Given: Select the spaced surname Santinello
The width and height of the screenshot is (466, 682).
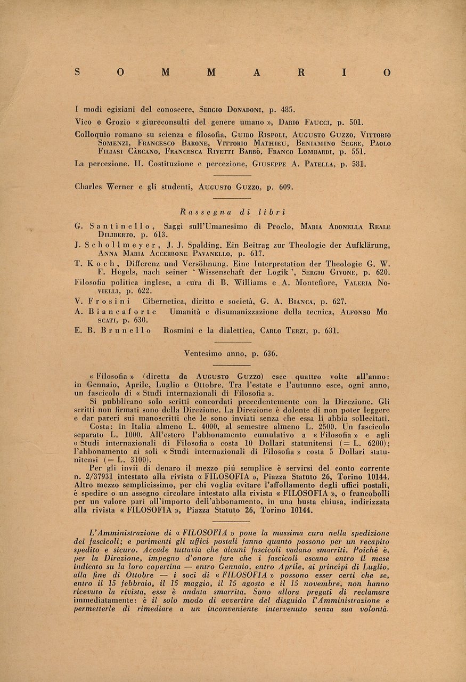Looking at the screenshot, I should [x=113, y=226].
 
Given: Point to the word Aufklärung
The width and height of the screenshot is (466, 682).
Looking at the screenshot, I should [x=366, y=245].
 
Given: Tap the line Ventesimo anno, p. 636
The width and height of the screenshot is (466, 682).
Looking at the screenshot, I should [x=233, y=353].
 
